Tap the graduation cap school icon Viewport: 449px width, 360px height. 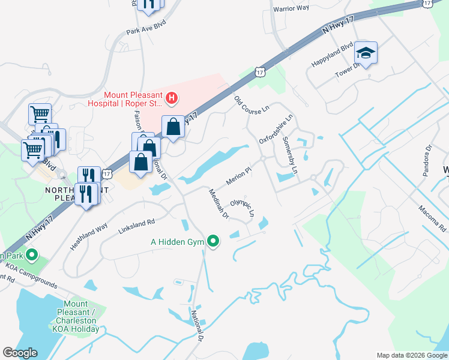point(366,53)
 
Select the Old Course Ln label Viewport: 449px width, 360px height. point(252,107)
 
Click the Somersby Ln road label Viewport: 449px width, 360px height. point(290,155)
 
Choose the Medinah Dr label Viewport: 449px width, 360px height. point(218,204)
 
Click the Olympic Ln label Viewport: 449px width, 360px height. point(243,205)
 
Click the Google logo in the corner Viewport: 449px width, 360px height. point(20,353)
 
